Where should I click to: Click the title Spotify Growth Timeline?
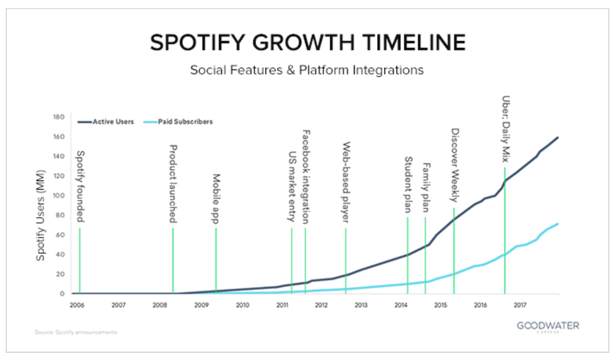pyautogui.click(x=308, y=43)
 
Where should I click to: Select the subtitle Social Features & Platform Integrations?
pyautogui.click(x=307, y=70)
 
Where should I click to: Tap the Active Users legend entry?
pyautogui.click(x=106, y=122)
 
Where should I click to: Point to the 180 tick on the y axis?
pyautogui.click(x=59, y=118)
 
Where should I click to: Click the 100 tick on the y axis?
pyautogui.click(x=59, y=196)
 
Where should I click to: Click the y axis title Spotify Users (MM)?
pyautogui.click(x=42, y=215)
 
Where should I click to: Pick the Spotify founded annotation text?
pyautogui.click(x=81, y=186)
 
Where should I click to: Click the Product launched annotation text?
pyautogui.click(x=173, y=184)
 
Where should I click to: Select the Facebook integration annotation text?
pyautogui.click(x=306, y=177)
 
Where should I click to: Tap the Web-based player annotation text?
pyautogui.click(x=346, y=182)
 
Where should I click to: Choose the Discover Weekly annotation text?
pyautogui.click(x=455, y=165)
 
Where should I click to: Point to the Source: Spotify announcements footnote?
pyautogui.click(x=76, y=332)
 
